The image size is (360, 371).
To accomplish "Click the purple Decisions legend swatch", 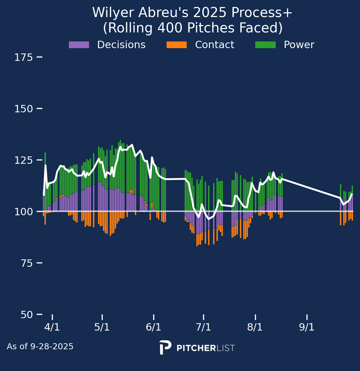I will [x=79, y=45].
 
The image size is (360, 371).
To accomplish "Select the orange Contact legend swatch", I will [x=177, y=45].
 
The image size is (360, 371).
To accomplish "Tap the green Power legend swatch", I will [x=265, y=45].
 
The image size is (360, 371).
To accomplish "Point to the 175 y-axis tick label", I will [x=23, y=57].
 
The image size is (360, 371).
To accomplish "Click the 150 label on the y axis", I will [x=23, y=109].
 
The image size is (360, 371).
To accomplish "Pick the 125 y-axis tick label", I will [x=23, y=160].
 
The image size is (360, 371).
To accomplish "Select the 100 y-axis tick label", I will [x=23, y=212].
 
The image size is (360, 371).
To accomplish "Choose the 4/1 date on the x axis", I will [x=52, y=327].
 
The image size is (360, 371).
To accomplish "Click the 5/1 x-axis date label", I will [x=102, y=327].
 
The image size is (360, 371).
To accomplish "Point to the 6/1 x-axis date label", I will [x=154, y=327].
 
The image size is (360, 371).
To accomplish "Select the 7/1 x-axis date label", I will [x=203, y=327].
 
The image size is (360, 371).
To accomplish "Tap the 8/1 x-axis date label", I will [x=255, y=327].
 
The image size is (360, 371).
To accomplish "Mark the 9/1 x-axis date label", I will [x=307, y=327].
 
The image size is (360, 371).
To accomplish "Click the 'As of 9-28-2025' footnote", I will [x=40, y=347].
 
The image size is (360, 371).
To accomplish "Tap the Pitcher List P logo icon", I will [x=165, y=348].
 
